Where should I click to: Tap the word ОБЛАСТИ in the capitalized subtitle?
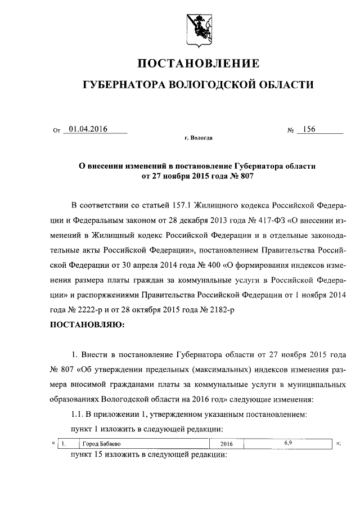coord(284,84)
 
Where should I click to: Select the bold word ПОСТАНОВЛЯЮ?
coord(87,325)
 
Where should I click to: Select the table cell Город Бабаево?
coord(99,444)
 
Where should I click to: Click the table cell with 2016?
coord(226,444)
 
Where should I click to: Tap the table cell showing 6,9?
coord(287,443)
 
